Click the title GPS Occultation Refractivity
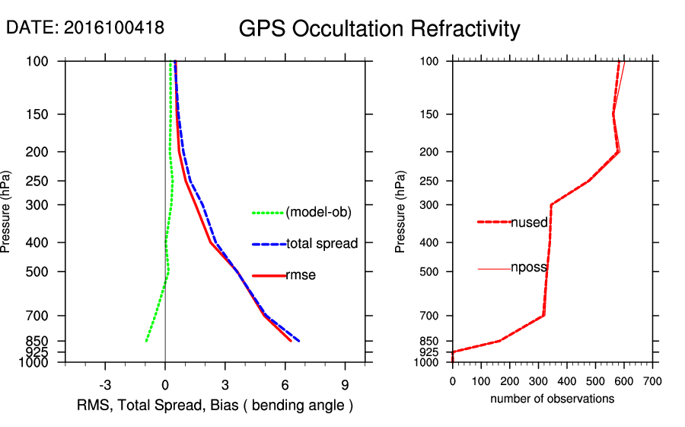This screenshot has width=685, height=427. click(379, 29)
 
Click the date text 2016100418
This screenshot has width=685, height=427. click(113, 27)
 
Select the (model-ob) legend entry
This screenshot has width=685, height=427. click(318, 213)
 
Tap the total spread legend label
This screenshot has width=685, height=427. click(322, 244)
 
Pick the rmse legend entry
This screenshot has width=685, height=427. click(301, 275)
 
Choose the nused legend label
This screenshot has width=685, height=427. click(529, 222)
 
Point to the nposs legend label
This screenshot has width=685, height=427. click(529, 268)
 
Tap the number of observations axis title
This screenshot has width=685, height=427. click(552, 399)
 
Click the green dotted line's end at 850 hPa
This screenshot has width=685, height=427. click(146, 341)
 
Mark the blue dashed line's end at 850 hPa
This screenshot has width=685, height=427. click(299, 341)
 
